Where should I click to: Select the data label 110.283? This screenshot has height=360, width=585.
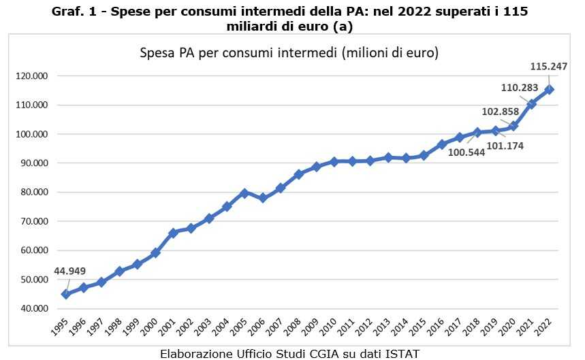(520, 88)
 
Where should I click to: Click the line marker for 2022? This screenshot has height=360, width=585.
(550, 90)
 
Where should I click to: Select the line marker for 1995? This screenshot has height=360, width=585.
(66, 294)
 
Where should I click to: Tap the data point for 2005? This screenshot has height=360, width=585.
(245, 193)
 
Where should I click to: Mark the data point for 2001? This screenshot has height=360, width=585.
(173, 233)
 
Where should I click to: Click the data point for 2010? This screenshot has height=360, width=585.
(334, 162)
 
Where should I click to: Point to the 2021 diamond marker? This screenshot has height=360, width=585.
(532, 104)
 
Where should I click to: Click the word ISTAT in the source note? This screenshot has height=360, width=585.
(402, 353)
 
